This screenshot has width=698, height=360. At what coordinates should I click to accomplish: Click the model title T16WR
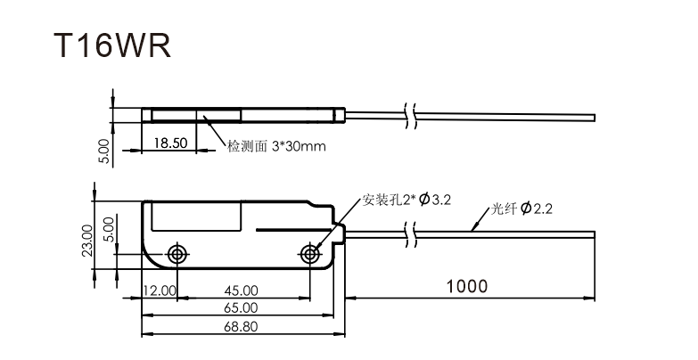[x=111, y=45]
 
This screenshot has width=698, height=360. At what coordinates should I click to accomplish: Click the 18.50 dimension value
[x=169, y=143]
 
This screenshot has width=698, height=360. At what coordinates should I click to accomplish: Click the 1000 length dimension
[x=467, y=286]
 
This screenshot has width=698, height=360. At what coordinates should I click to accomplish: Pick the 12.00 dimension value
[x=160, y=290]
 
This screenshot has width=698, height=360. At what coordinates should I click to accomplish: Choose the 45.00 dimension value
[x=241, y=290]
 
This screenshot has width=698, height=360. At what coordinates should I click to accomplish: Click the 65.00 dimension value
[x=241, y=307]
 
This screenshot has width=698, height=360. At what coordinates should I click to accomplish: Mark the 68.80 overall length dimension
[x=241, y=327]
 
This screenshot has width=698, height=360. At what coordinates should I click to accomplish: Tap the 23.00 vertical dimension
[x=87, y=239]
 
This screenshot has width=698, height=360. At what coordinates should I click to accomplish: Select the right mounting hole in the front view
[x=309, y=253]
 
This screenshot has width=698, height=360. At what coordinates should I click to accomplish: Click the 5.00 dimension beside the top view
[x=103, y=151]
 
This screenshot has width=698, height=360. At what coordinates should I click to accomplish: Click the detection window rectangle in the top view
[x=197, y=114]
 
